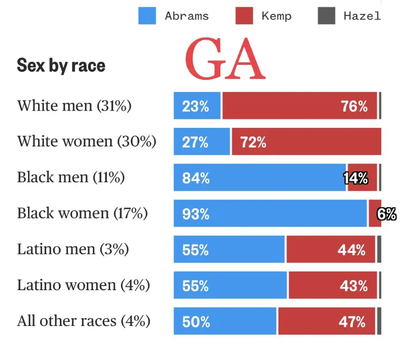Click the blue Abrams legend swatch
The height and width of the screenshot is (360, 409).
click(x=147, y=16)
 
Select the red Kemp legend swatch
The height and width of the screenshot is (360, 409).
click(x=244, y=16)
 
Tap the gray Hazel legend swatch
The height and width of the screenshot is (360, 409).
click(x=327, y=16)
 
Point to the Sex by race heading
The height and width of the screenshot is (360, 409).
click(x=61, y=66)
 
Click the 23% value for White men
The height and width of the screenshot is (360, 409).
click(x=196, y=106)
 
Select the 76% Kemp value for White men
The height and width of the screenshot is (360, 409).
click(x=354, y=106)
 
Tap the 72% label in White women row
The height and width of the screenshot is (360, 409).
click(x=253, y=142)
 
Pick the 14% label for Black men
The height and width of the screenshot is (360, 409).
click(x=356, y=178)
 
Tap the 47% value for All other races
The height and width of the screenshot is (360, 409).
click(x=352, y=322)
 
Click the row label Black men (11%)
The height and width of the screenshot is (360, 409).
click(x=71, y=177)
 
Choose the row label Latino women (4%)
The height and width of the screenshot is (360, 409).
click(x=84, y=285)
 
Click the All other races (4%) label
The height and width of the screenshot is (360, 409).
click(x=84, y=321)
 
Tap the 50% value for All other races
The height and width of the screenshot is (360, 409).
click(x=196, y=322)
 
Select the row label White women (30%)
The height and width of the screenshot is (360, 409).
click(x=87, y=141)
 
